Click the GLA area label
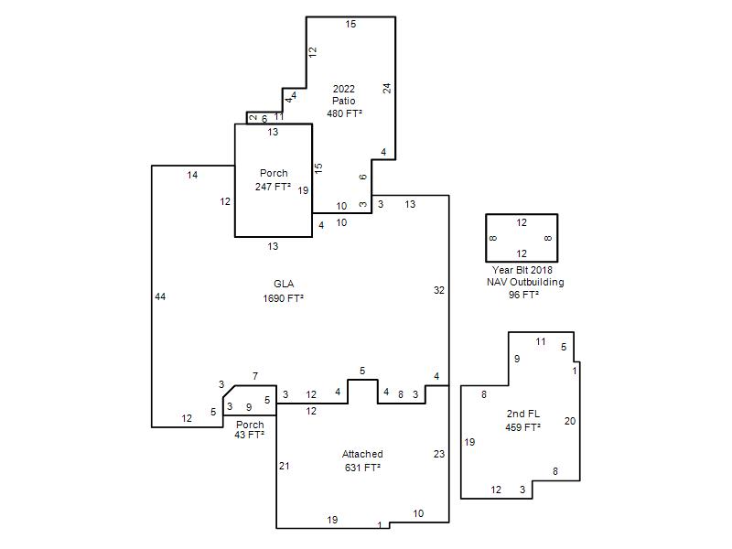tap(284, 284)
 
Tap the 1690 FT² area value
tap(283, 298)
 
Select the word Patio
tap(344, 101)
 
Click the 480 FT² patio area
tap(345, 113)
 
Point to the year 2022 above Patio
tap(344, 89)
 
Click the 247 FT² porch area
tap(273, 187)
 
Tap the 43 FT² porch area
tap(249, 435)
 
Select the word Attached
tap(362, 454)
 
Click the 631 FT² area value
tap(362, 468)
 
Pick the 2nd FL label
tap(522, 414)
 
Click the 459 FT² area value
tap(522, 427)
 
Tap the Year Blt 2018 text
tap(522, 270)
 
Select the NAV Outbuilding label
tap(525, 282)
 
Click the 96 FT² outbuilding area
tap(523, 295)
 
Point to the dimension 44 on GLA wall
tap(160, 296)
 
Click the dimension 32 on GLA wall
tap(439, 290)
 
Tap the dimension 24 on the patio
tap(387, 88)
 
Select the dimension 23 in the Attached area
tap(439, 454)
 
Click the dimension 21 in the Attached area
tap(285, 466)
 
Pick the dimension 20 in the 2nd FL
tap(569, 421)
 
